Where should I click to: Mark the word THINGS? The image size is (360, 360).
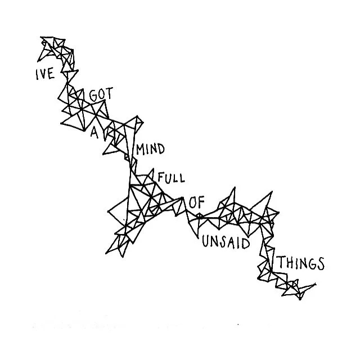(x=300, y=263)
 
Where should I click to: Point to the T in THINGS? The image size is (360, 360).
(x=280, y=262)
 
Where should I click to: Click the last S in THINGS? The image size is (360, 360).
(x=321, y=263)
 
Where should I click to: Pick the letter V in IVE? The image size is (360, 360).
(x=43, y=74)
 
